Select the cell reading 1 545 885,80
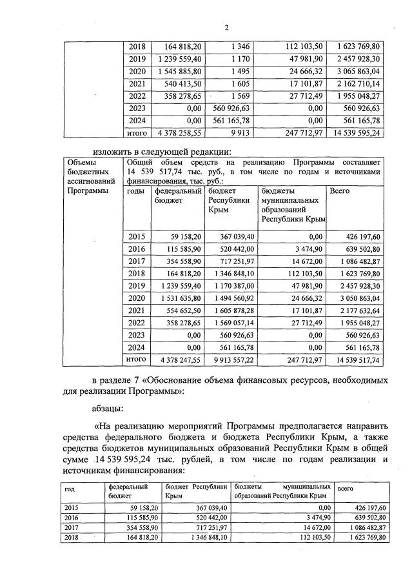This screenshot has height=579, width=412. tap(179, 70)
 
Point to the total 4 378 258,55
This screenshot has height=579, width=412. tap(179, 132)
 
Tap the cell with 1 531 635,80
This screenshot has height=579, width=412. tap(179, 298)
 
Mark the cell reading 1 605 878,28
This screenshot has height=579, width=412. tap(232, 310)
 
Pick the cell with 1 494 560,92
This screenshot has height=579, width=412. tap(232, 298)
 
